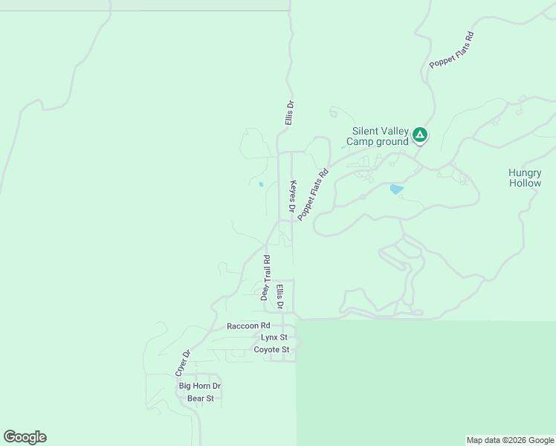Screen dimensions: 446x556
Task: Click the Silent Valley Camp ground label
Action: [x=380, y=136]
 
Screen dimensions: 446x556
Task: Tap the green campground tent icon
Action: [x=420, y=135]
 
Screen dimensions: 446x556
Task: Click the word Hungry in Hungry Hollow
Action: [x=525, y=172]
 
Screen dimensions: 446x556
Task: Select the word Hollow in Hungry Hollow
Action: [x=525, y=183]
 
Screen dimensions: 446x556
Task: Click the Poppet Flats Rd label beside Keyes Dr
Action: [x=313, y=195]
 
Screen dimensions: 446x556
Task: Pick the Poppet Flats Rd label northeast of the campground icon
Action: [x=452, y=50]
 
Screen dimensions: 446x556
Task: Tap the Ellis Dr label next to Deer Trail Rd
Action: [x=280, y=297]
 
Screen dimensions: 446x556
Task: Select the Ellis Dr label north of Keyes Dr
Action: [x=290, y=113]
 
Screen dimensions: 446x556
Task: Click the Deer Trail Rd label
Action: [x=265, y=277]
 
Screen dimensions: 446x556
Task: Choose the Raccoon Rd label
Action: [x=248, y=326]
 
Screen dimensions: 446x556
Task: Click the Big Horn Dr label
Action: [x=200, y=387]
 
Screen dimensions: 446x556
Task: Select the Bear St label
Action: [x=201, y=398]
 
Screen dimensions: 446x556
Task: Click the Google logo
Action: [x=25, y=437]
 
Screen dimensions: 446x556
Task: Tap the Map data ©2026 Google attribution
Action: [x=510, y=440]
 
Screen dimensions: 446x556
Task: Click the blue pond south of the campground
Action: [x=397, y=190]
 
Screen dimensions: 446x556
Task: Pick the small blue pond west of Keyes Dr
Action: [x=261, y=184]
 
